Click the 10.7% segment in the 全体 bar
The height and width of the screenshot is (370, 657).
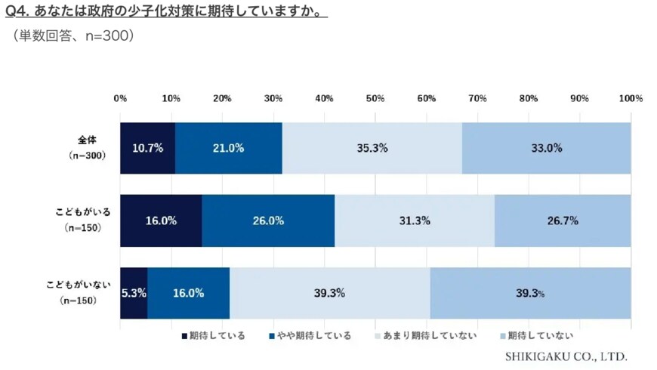147,148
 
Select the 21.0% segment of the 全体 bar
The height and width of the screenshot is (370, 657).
228,148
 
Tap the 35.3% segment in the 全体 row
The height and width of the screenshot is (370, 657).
372,148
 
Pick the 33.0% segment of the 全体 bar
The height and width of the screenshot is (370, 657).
546,148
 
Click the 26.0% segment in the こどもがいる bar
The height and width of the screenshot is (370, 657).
268,220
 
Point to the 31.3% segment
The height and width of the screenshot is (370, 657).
415,220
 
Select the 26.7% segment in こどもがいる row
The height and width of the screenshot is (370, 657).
563,220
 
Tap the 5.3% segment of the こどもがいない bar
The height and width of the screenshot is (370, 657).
134,293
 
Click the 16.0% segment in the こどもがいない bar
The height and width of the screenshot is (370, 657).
188,293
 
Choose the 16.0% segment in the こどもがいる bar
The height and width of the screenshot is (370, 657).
161,220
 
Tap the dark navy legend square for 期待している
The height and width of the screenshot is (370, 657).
184,335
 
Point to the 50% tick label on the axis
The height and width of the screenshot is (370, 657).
375,98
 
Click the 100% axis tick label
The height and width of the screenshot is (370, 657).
630,98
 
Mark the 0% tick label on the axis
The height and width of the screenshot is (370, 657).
120,98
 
